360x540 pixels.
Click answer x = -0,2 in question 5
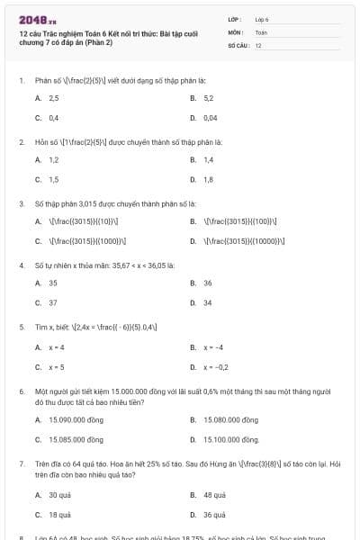[x=215, y=366]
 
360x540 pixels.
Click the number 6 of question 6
[x=21, y=392]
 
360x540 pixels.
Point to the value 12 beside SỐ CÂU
[x=258, y=45]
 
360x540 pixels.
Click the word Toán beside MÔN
[x=261, y=31]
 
